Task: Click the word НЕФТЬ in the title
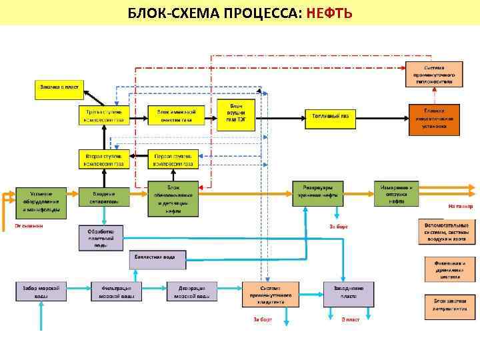[329, 13]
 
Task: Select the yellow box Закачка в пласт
[61, 87]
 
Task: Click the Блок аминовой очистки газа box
[173, 116]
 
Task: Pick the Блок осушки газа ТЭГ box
[237, 115]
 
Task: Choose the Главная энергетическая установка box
[434, 117]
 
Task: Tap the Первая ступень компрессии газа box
[173, 159]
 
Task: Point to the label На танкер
[461, 207]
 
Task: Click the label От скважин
[29, 225]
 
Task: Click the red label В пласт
[351, 320]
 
